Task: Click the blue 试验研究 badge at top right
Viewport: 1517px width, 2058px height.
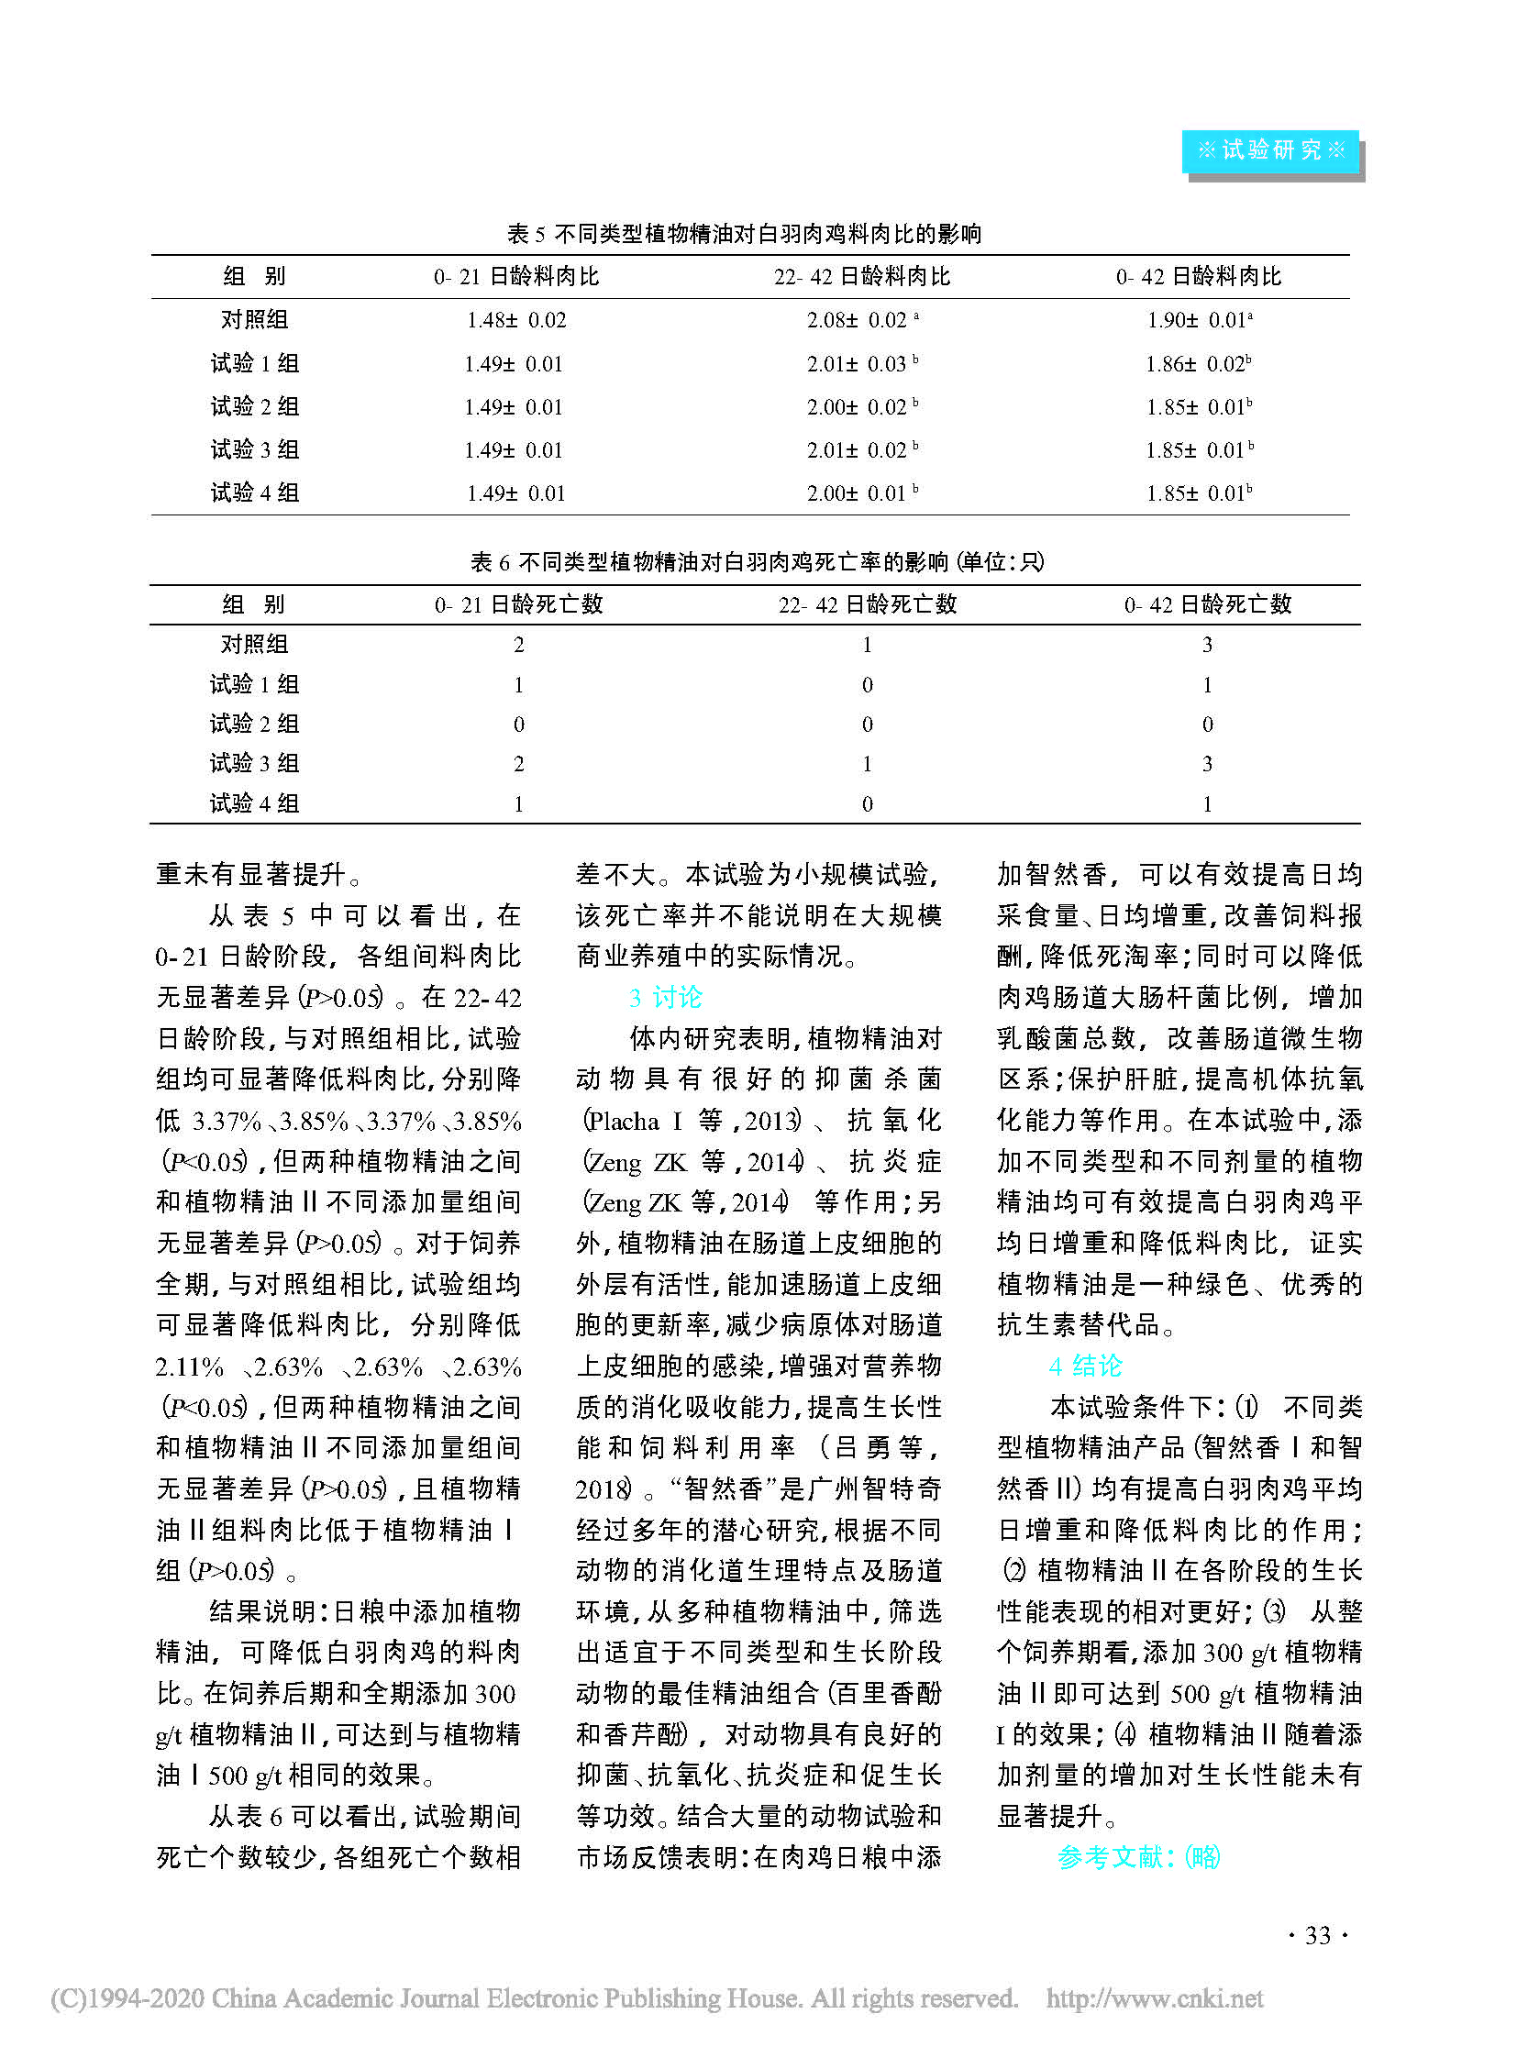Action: (x=1271, y=150)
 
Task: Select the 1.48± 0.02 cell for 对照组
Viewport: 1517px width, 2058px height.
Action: (x=516, y=320)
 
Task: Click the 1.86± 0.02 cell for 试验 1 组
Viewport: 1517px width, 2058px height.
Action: (x=1198, y=365)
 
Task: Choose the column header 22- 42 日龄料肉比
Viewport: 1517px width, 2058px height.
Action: (x=861, y=276)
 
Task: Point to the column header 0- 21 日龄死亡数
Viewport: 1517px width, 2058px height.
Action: (x=519, y=604)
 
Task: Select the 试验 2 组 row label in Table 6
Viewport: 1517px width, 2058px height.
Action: (x=254, y=725)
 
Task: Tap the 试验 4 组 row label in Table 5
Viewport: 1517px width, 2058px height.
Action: (x=254, y=493)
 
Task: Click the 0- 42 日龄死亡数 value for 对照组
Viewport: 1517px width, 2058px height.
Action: (x=1207, y=645)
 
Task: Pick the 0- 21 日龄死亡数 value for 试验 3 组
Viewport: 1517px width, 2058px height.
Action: (x=519, y=764)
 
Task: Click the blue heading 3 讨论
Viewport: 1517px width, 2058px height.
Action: (x=666, y=997)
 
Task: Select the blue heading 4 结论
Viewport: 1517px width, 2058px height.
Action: (x=1085, y=1366)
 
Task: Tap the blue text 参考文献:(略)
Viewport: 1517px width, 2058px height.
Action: (x=1139, y=1857)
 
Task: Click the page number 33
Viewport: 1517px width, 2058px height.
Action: (x=1318, y=1936)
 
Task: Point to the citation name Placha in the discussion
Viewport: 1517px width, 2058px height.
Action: (x=624, y=1122)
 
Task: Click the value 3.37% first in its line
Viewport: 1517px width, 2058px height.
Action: (x=227, y=1122)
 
